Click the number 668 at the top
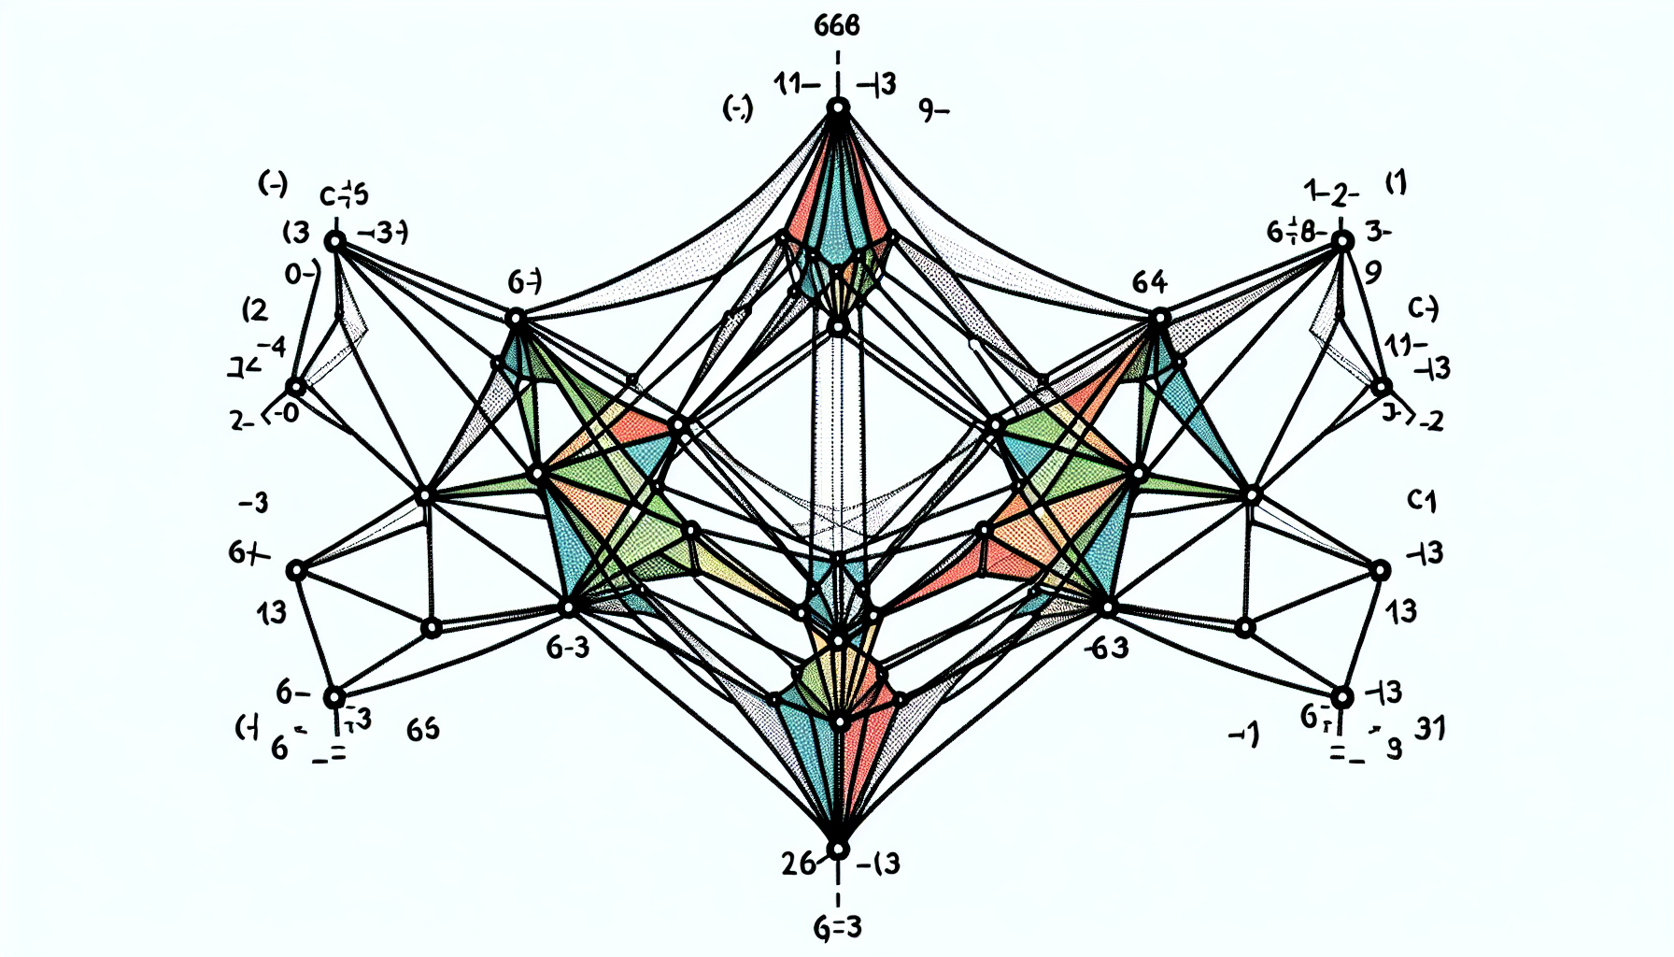coord(836,25)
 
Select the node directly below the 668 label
coord(838,108)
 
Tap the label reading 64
coord(1149,281)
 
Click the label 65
coord(423,729)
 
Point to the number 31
coord(1429,727)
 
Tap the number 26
coord(799,864)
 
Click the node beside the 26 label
coord(838,849)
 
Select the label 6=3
coord(837,928)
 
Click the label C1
coord(1421,502)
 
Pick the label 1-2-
coord(1331,193)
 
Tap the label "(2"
coord(254,310)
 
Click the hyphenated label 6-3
coord(568,647)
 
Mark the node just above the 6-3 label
coord(568,608)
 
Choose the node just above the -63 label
coord(1107,608)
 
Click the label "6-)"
coord(524,280)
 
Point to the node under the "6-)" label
coord(516,319)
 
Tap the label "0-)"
coord(302,274)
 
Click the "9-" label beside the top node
coord(933,111)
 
